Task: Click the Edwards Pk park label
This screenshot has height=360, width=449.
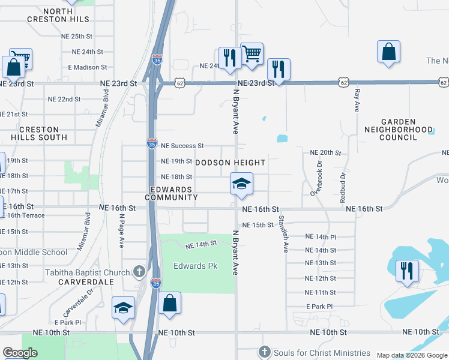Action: tap(195, 266)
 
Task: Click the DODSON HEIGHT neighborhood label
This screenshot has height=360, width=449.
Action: tap(230, 163)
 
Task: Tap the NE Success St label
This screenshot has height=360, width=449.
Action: tap(182, 146)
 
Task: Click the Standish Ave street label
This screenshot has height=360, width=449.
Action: tap(283, 234)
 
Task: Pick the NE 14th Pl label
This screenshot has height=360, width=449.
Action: tap(321, 237)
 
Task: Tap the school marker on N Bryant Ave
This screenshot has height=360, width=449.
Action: tap(241, 184)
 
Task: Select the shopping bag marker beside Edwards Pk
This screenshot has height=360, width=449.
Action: tap(170, 304)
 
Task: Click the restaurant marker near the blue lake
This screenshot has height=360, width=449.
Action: tap(407, 271)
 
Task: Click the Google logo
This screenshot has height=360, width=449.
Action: tap(20, 353)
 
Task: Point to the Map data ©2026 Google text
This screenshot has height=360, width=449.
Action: tap(412, 355)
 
